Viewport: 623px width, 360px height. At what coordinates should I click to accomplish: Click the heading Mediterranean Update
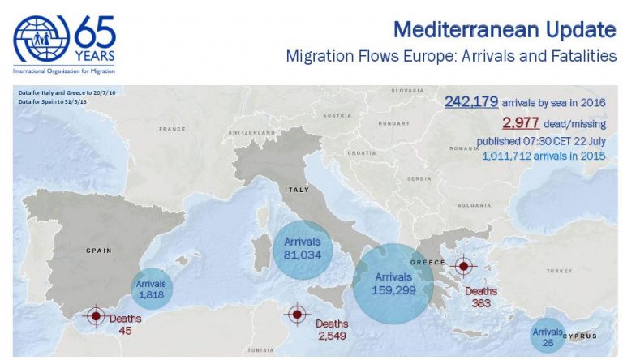tap(504, 31)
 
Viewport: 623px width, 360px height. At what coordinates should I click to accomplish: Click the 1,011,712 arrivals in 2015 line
tap(548, 156)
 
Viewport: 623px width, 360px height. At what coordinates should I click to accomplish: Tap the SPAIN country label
tap(98, 251)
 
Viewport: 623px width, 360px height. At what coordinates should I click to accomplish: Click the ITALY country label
tap(296, 190)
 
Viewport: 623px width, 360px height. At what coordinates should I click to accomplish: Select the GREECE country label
tap(428, 262)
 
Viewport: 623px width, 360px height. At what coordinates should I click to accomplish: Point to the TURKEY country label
tap(559, 270)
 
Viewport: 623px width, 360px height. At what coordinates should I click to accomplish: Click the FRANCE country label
tap(172, 129)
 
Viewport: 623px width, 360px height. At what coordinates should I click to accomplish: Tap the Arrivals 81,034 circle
tap(303, 246)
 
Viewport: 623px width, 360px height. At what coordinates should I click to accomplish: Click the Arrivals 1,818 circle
tap(152, 289)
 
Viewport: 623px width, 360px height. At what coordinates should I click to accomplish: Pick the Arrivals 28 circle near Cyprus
tap(548, 336)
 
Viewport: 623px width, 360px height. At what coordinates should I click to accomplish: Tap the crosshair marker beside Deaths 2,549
tap(296, 314)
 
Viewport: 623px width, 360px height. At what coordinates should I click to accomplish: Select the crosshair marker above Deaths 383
tap(463, 266)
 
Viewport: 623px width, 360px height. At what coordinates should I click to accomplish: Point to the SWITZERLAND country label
tap(253, 132)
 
